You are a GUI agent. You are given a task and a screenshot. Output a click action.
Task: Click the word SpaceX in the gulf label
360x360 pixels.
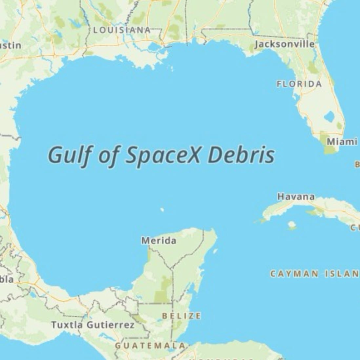(164, 156)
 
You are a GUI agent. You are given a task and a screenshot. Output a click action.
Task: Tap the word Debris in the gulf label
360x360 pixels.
(241, 155)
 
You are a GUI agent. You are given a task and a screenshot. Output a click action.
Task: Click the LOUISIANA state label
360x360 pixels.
(121, 29)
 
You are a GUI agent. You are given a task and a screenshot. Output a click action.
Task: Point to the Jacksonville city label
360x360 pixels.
(284, 44)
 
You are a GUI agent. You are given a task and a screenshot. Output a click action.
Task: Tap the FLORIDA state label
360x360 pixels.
(299, 84)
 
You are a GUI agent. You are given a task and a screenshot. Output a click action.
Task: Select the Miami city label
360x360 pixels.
(341, 142)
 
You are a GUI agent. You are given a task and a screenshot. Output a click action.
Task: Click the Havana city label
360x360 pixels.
(296, 197)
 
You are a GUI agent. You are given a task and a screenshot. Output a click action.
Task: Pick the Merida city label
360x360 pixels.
(159, 241)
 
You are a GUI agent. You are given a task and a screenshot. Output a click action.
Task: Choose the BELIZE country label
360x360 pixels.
(182, 316)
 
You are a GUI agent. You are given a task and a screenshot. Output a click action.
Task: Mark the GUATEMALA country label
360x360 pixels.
(150, 345)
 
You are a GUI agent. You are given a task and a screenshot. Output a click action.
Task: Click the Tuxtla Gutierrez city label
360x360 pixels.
(93, 325)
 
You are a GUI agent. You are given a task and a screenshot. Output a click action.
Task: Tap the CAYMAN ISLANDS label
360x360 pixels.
(314, 274)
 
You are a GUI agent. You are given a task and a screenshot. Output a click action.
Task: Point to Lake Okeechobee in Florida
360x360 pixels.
(329, 117)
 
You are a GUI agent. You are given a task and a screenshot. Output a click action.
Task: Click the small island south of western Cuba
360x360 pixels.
(291, 225)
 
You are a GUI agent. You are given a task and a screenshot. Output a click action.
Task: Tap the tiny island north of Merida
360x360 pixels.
(162, 210)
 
